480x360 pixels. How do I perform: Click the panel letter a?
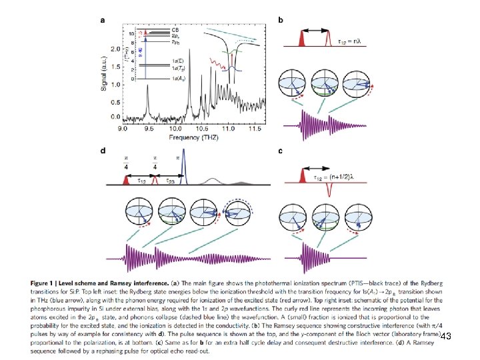[102, 19]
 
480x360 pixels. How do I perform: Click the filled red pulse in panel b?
[303, 40]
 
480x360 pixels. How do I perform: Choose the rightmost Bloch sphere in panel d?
[241, 214]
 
